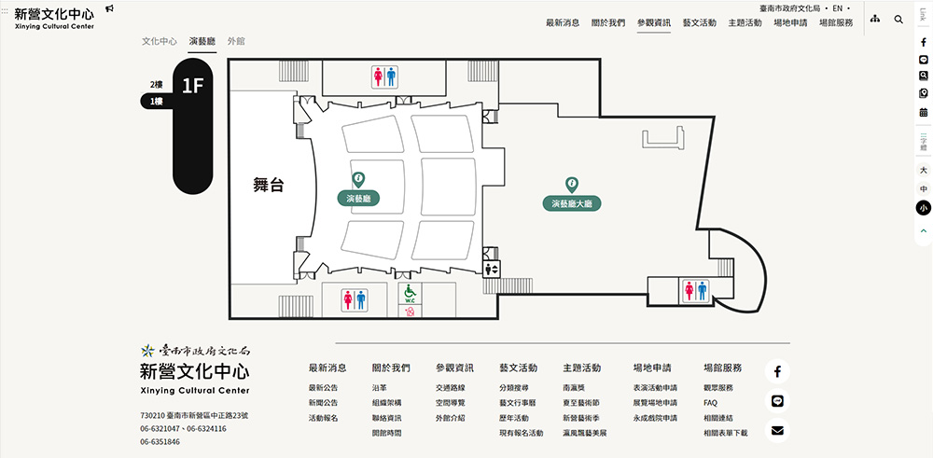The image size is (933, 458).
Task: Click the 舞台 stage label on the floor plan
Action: click(x=268, y=185)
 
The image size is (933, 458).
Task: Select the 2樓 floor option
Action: click(x=157, y=85)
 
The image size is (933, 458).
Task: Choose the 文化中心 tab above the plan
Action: click(x=160, y=42)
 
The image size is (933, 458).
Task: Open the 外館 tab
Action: click(x=236, y=42)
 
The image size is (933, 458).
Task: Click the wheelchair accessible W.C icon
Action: click(x=409, y=295)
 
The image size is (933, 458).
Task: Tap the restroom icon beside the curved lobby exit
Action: click(x=697, y=290)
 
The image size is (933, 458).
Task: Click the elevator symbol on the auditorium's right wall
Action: click(x=493, y=269)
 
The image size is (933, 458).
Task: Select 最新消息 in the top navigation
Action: click(x=563, y=22)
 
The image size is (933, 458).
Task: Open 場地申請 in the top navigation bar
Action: click(x=790, y=22)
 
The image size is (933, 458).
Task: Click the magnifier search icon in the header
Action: click(x=898, y=20)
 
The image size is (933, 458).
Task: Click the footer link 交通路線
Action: click(x=450, y=388)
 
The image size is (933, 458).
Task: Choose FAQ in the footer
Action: click(x=711, y=403)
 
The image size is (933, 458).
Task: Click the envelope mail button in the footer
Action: click(x=777, y=430)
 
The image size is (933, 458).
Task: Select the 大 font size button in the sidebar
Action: click(x=923, y=171)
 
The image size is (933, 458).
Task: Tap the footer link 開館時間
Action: click(x=386, y=433)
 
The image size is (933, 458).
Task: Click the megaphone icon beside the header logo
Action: click(x=110, y=8)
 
